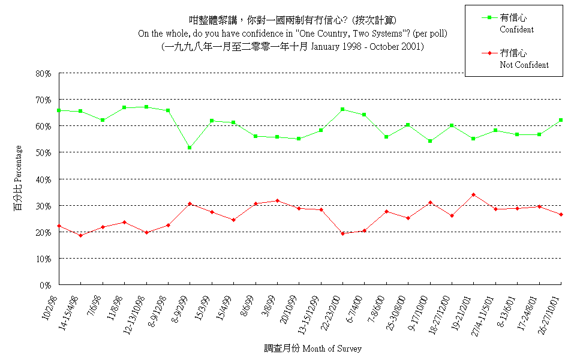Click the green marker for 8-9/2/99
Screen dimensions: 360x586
point(190,148)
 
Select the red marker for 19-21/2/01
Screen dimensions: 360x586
point(473,194)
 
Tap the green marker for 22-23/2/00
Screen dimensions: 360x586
point(342,109)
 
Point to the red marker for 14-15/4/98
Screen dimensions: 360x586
point(80,235)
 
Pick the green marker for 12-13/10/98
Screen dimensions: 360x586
point(146,107)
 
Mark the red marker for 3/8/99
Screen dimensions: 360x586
point(277,200)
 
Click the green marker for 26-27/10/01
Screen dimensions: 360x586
point(560,120)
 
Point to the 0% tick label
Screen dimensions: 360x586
point(46,285)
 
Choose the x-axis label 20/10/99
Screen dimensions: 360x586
point(290,310)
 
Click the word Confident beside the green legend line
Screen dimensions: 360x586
point(516,29)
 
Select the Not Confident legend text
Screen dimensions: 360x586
point(524,65)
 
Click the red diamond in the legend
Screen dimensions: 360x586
point(489,53)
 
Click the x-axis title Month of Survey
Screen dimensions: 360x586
point(332,348)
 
